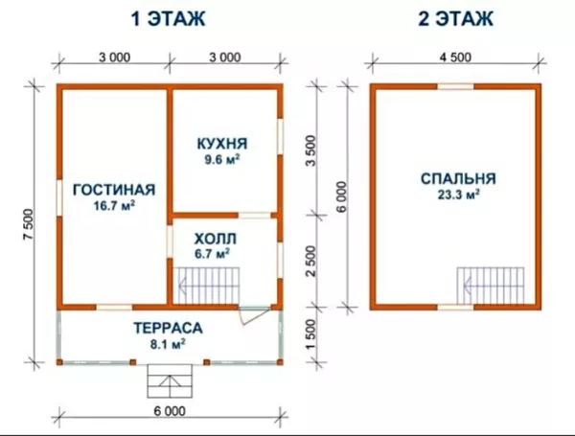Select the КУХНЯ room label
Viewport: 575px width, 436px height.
tap(218, 144)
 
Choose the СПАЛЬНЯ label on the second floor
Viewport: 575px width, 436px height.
tap(457, 178)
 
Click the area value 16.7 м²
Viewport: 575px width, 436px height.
tap(113, 204)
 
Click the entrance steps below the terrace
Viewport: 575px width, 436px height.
tap(170, 382)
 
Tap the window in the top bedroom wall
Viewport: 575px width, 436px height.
tap(455, 87)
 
